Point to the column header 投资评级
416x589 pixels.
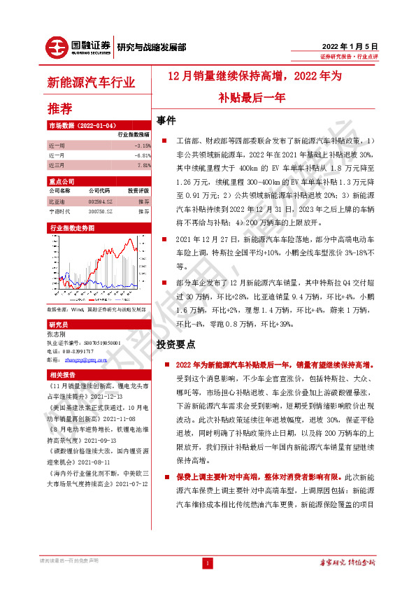(x=137, y=190)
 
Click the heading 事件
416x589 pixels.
(x=166, y=120)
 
